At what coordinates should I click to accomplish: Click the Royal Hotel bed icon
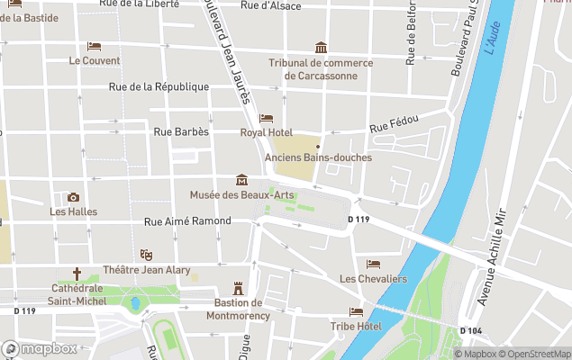point(266,118)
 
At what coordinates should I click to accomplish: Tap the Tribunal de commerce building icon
point(321,48)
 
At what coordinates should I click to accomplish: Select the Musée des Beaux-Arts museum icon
point(241,179)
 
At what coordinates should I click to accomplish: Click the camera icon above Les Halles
point(73,197)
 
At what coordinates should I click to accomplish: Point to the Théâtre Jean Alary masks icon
point(146,255)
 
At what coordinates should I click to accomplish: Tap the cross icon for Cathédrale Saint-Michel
point(77,274)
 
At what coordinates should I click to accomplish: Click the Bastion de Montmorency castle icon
point(238,288)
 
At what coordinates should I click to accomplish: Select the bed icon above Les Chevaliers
point(373,264)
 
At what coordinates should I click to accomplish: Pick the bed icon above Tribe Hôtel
point(356,311)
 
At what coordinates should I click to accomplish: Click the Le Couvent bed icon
point(94,46)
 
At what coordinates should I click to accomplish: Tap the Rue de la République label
point(159,87)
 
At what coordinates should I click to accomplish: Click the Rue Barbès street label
point(181,131)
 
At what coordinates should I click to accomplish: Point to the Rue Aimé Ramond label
point(187,220)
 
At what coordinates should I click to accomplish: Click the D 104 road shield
point(471,331)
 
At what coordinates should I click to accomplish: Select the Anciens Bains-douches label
point(318,157)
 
